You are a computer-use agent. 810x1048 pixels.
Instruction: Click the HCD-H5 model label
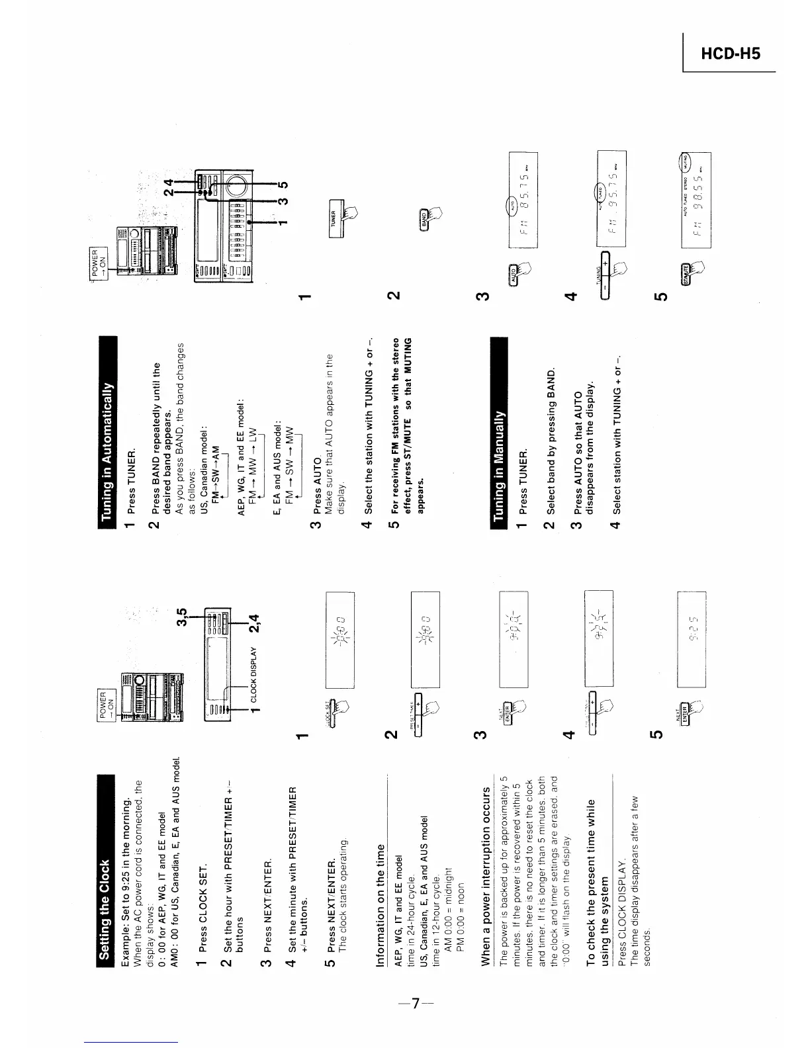click(x=731, y=53)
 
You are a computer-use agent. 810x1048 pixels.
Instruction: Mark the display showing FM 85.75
click(x=523, y=200)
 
